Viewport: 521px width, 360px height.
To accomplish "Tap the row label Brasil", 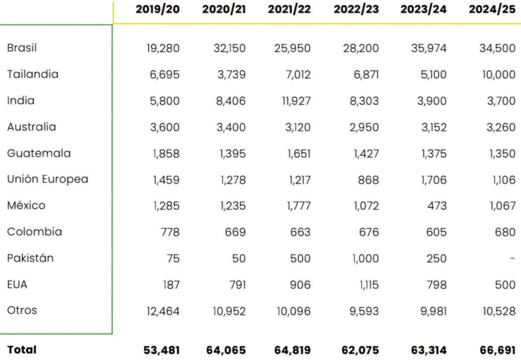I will point(22,48).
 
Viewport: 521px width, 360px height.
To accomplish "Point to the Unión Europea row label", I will point(48,179).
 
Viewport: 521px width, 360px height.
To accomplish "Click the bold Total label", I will point(22,350).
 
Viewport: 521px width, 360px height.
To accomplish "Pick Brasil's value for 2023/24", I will point(428,49).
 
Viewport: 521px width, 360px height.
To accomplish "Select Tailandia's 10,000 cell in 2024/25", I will point(498,75).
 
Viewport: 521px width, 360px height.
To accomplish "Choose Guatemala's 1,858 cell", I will point(166,154).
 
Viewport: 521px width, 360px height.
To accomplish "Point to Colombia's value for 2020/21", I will point(234,232).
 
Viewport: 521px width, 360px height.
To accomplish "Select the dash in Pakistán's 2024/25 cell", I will point(513,258).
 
